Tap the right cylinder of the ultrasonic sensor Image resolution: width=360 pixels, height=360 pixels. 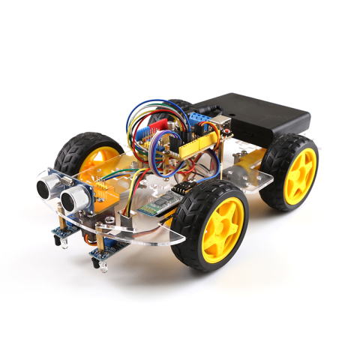click(74, 197)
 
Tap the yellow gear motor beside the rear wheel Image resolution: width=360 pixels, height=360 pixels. click(247, 161)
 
